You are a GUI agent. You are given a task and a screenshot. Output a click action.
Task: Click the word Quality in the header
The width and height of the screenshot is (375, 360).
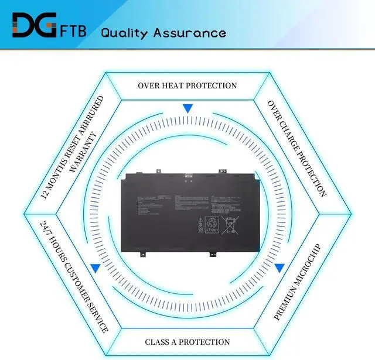(x=125, y=32)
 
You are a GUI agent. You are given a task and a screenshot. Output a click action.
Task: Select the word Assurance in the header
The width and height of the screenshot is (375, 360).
(x=190, y=32)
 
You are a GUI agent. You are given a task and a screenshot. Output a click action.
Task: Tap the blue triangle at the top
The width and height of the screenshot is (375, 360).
(x=187, y=108)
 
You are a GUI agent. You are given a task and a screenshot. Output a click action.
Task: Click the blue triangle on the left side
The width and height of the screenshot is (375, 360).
(x=94, y=268)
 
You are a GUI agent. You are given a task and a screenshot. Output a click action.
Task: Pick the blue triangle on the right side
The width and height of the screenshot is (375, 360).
(x=279, y=268)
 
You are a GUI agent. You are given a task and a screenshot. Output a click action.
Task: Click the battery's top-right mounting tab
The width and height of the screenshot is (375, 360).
(x=222, y=171)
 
